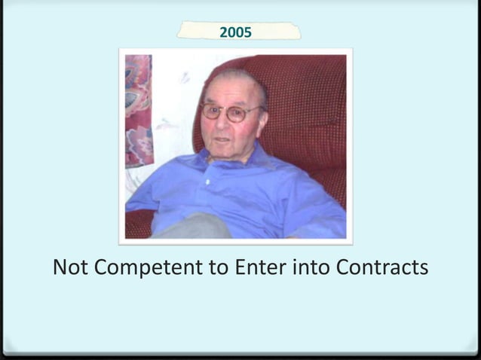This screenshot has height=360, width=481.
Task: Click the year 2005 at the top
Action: pos(235,32)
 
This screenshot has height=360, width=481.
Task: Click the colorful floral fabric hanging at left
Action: pos(139,109)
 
